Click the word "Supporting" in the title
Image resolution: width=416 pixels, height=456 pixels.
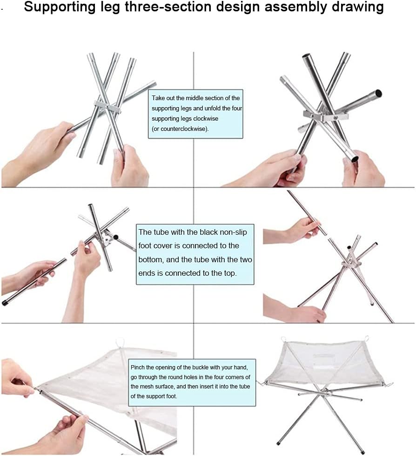pyautogui.click(x=60, y=7)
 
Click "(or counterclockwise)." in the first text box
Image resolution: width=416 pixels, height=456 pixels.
pyautogui.click(x=180, y=129)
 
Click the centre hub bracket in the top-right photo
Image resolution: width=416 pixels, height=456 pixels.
pyautogui.click(x=325, y=116)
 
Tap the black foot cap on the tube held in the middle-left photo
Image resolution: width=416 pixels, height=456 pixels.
pyautogui.click(x=5, y=302)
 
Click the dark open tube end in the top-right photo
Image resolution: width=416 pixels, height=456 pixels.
pyautogui.click(x=378, y=93)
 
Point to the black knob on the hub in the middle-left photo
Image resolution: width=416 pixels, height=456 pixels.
pyautogui.click(x=115, y=237)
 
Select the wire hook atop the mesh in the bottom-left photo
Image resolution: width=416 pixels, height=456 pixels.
pyautogui.click(x=120, y=342)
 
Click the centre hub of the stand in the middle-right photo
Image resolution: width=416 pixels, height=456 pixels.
pyautogui.click(x=351, y=264)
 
